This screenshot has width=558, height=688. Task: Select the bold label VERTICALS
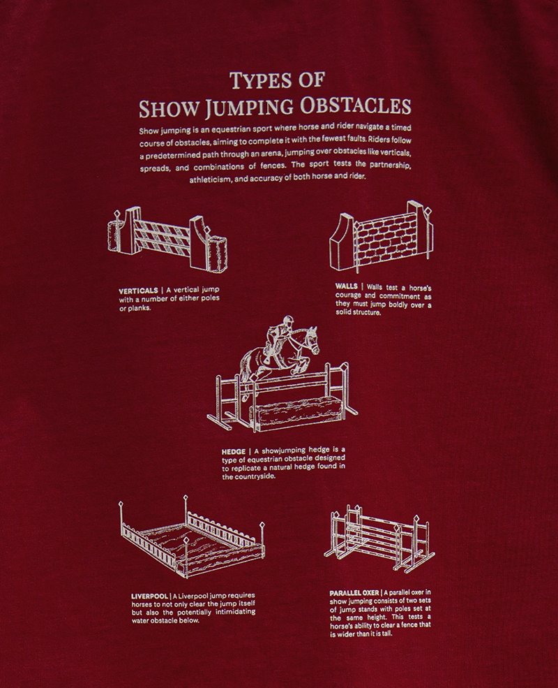138,291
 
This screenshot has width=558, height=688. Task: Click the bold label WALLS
347,286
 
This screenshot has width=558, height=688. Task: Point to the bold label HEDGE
234,451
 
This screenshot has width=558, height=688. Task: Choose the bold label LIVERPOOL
149,596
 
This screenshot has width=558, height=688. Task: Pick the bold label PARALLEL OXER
354,593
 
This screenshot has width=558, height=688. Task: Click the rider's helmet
287,320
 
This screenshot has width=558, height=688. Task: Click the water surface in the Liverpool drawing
193,543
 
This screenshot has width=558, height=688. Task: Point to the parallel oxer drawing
379,539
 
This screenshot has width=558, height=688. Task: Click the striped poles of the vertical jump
162,237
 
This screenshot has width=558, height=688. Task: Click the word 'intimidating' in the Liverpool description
233,612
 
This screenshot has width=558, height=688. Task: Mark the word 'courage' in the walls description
348,295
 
